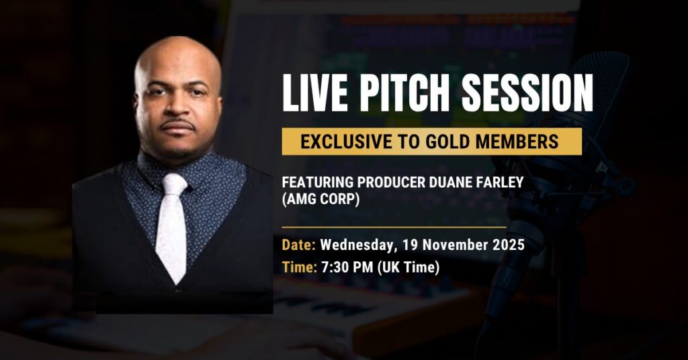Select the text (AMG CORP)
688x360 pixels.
pos(320,199)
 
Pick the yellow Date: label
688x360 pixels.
pos(299,244)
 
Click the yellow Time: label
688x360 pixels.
pos(299,267)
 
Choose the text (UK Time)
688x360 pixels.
pos(408,267)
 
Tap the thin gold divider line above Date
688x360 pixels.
pos(394,228)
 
